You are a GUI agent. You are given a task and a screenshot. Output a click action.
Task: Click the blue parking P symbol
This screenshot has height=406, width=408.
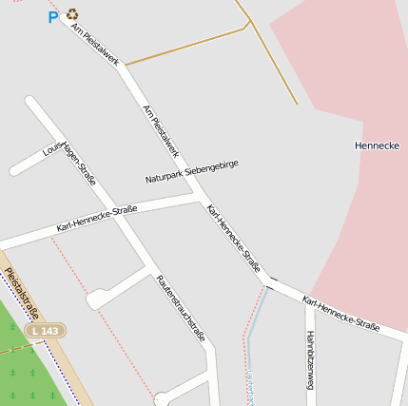pos(53,16)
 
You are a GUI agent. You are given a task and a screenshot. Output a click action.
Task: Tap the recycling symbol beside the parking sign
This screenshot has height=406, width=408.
pos(72,14)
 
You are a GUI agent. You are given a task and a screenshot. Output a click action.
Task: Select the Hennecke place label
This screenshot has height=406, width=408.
pos(376,145)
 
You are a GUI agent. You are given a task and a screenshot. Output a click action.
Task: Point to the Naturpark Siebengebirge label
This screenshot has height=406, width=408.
pos(191,172)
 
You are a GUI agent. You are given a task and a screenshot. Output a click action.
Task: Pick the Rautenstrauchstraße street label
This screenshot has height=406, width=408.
pos(181,307)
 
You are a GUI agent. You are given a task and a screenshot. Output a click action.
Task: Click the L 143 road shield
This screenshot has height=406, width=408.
pos(43,330)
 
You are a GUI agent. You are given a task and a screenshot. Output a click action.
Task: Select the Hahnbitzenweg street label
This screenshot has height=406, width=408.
pos(310,360)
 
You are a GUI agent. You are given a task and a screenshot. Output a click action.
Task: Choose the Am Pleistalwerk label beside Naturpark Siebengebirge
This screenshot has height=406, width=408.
pos(161,131)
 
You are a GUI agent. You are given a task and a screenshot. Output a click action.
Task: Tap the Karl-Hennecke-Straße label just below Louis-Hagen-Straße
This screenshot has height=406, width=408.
pos(97,218)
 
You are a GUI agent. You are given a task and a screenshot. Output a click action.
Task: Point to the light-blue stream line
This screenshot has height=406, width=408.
pos(252,342)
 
